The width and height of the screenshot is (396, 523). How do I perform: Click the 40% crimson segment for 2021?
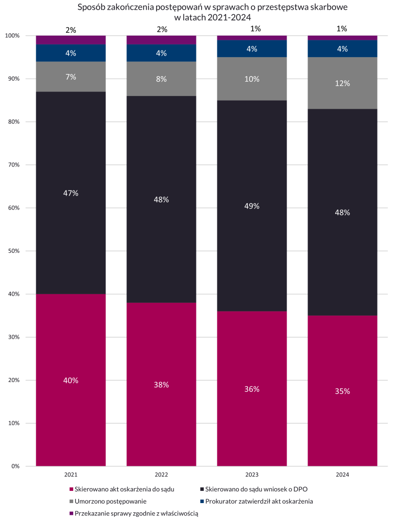[71, 380]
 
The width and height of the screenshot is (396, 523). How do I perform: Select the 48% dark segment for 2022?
[161, 200]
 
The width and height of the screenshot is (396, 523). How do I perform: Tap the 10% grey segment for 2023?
[252, 79]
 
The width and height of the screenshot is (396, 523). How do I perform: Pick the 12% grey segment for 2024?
[342, 83]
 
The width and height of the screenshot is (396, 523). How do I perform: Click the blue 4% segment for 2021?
[71, 53]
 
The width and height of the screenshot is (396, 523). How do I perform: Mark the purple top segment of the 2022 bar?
[161, 40]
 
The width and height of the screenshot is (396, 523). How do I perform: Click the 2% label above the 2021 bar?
[71, 30]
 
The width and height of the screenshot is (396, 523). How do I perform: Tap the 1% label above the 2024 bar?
[342, 29]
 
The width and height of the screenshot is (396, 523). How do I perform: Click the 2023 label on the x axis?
[252, 475]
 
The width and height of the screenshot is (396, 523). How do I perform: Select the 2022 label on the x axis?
[161, 475]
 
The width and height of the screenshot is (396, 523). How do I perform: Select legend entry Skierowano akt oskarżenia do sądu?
[124, 489]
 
